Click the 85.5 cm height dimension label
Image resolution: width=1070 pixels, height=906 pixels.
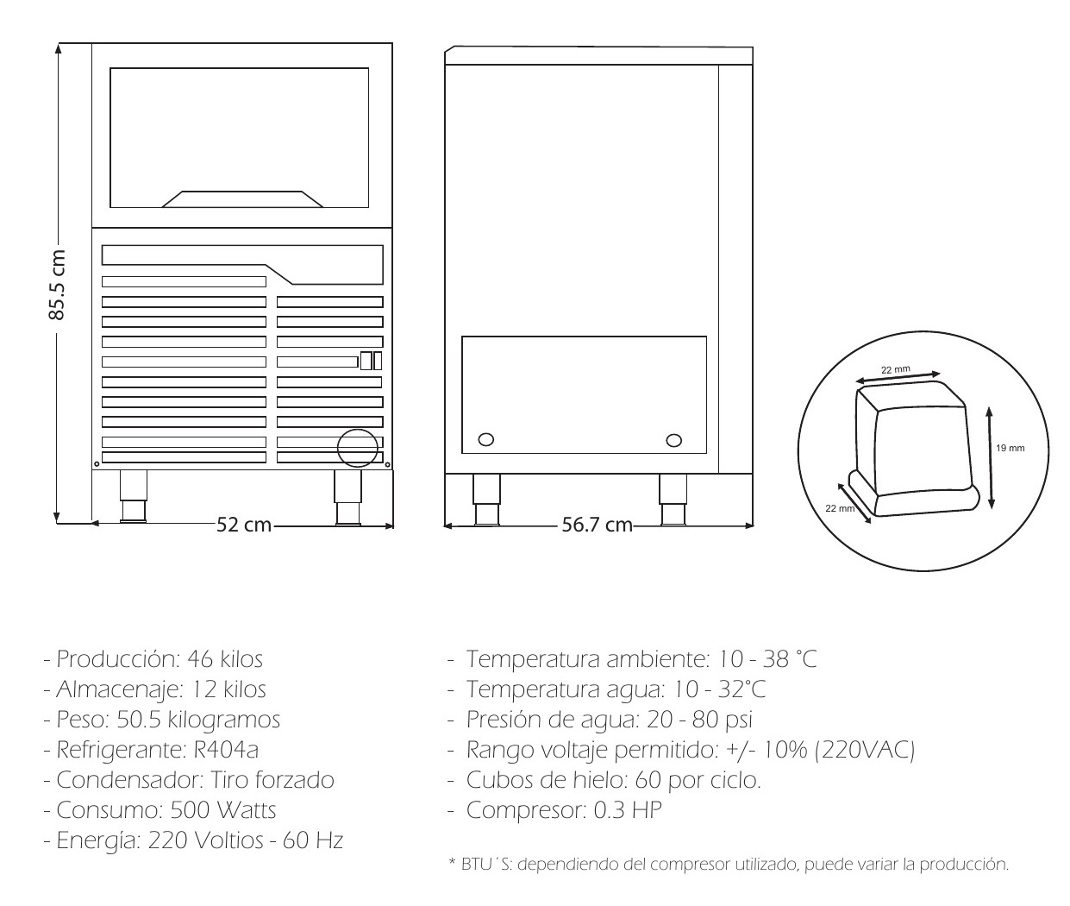pyautogui.click(x=58, y=285)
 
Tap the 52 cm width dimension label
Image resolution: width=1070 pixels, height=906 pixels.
pyautogui.click(x=243, y=525)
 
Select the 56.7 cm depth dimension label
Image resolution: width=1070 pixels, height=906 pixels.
pyautogui.click(x=597, y=525)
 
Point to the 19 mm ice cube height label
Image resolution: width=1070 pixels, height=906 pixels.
pyautogui.click(x=1010, y=448)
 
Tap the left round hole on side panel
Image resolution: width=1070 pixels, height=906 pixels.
pyautogui.click(x=485, y=439)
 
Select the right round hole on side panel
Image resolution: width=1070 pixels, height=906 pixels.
pyautogui.click(x=673, y=440)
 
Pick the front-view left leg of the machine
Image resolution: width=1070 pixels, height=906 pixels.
pyautogui.click(x=134, y=496)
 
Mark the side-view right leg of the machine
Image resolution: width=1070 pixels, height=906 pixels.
pyautogui.click(x=673, y=500)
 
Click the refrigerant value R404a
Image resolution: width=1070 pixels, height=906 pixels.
pyautogui.click(x=226, y=750)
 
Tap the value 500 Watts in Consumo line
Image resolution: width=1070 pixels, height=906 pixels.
pyautogui.click(x=223, y=810)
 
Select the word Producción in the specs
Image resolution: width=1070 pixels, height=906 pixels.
pyautogui.click(x=118, y=659)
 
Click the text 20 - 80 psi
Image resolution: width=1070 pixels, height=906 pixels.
pyautogui.click(x=699, y=720)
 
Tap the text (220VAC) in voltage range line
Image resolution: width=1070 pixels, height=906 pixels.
pyautogui.click(x=865, y=750)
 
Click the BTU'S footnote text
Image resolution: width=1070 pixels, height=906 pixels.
pyautogui.click(x=729, y=865)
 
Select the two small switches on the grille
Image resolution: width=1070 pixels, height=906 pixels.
pyautogui.click(x=371, y=361)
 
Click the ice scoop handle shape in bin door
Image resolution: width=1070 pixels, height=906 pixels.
pyautogui.click(x=242, y=199)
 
